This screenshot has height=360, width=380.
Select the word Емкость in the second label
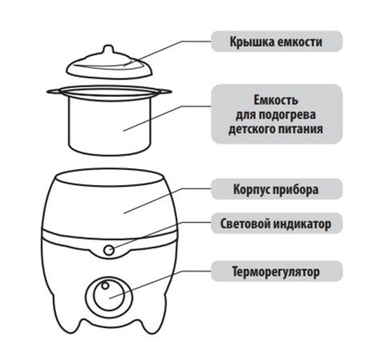click(276, 100)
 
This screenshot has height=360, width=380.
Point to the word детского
click(252, 129)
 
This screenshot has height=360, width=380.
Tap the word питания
click(301, 129)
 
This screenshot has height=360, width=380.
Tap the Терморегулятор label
click(276, 272)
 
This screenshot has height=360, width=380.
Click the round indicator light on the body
click(109, 250)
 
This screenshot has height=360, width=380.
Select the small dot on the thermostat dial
click(105, 285)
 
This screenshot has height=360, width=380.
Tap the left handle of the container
click(54, 91)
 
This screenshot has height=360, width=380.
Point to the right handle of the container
click(164, 91)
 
